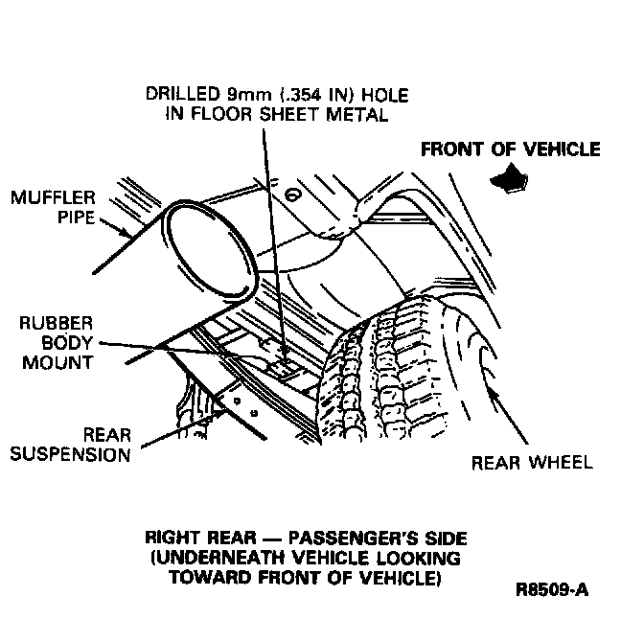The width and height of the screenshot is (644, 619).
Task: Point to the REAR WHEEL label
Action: click(532, 463)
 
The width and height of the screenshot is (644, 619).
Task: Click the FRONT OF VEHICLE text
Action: click(511, 149)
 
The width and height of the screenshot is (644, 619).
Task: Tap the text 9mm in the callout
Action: click(242, 95)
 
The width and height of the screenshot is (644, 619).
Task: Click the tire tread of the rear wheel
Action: click(393, 383)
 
